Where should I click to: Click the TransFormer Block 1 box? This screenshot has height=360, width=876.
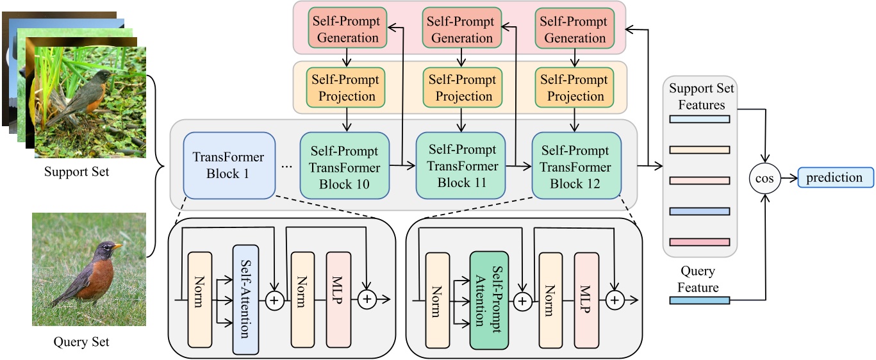(229, 165)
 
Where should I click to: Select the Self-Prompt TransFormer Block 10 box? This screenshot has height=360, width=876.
(345, 167)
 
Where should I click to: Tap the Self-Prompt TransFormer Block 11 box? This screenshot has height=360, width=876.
(461, 166)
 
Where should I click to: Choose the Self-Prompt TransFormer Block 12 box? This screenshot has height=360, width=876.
(576, 167)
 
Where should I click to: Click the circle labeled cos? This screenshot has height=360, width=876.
(764, 179)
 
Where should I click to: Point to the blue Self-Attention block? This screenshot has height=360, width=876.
(245, 299)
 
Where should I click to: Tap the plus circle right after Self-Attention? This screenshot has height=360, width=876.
(275, 300)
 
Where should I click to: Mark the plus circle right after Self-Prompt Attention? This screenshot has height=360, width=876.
(523, 300)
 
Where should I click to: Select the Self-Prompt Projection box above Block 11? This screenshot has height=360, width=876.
(462, 88)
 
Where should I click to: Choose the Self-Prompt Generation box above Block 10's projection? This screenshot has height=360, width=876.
(346, 29)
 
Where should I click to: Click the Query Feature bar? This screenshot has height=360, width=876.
(699, 300)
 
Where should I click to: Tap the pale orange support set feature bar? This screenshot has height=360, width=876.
(699, 150)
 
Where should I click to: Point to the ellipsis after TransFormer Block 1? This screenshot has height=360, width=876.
(286, 167)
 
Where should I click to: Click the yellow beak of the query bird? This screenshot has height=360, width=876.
(117, 245)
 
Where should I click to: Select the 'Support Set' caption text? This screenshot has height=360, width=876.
(77, 172)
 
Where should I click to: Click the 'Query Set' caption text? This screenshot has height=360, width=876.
(81, 341)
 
